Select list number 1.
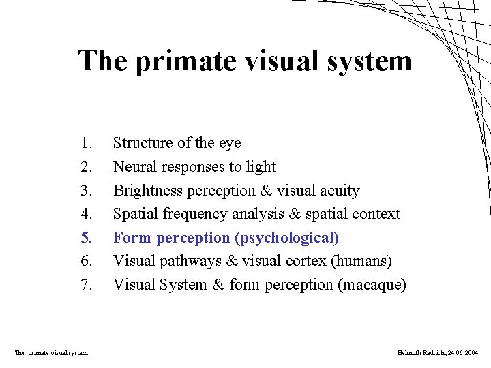(x=86, y=143)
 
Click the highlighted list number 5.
(x=86, y=238)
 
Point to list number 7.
(x=86, y=285)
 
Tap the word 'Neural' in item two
(x=134, y=167)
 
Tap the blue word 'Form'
(x=132, y=238)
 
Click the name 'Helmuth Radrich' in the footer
(x=420, y=352)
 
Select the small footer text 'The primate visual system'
(x=51, y=352)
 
